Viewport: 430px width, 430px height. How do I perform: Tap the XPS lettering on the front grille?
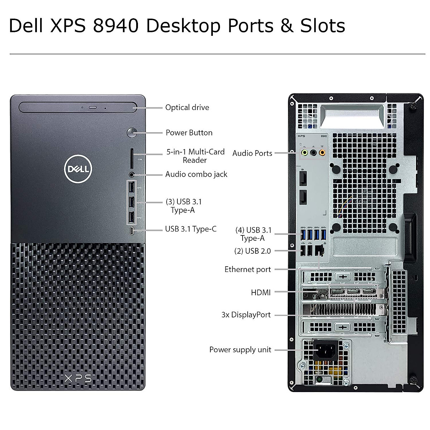coord(78,378)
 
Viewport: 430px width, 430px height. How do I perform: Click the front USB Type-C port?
coord(132,231)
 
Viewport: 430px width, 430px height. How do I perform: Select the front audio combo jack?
coord(132,175)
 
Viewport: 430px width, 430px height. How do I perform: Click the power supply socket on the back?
coord(326,349)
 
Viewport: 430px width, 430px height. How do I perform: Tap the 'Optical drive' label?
coord(187,107)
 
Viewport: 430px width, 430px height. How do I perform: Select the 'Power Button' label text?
coord(189,133)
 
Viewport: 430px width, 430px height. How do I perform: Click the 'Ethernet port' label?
coord(248,269)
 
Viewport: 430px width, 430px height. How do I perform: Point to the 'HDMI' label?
coord(261,293)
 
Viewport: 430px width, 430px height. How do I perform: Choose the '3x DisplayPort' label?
coord(246,315)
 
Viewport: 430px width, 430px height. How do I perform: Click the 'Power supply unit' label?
coord(240,350)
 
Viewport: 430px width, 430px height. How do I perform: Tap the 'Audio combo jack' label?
coord(196,175)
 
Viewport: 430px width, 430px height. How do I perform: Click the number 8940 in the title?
coord(116,26)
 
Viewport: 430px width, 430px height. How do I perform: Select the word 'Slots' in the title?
coord(323,26)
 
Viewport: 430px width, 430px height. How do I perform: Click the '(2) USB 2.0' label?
coord(252,251)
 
